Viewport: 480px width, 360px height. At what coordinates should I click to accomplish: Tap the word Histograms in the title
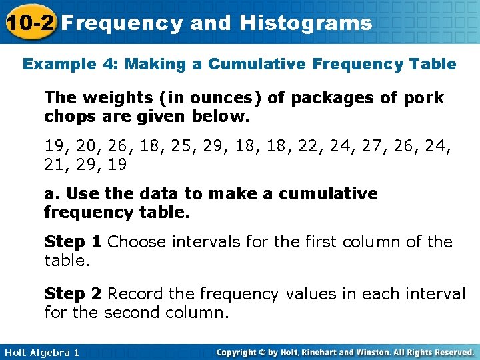(x=306, y=23)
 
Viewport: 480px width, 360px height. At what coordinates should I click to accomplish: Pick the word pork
(x=423, y=98)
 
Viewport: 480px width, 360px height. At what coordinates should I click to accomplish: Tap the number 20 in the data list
(x=87, y=145)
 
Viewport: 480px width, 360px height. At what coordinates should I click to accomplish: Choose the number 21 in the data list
(x=54, y=164)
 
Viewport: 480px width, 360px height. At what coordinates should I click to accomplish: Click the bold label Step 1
(x=73, y=241)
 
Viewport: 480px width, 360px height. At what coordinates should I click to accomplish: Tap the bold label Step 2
(x=73, y=294)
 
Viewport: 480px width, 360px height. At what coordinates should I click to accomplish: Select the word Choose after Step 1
(x=137, y=241)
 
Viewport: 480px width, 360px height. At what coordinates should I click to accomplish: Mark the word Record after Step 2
(x=137, y=294)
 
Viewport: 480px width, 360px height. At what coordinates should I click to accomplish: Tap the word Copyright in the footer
(x=238, y=352)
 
